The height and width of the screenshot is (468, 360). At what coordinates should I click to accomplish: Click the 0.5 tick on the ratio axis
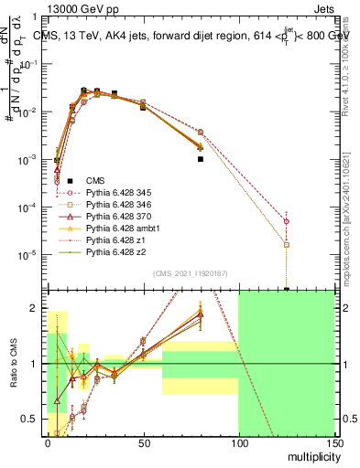[35, 419]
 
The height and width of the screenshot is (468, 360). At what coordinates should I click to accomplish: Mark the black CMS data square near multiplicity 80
[200, 159]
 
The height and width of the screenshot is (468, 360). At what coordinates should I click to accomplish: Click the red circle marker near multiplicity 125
[287, 221]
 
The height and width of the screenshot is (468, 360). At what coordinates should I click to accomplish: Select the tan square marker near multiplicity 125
[287, 245]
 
